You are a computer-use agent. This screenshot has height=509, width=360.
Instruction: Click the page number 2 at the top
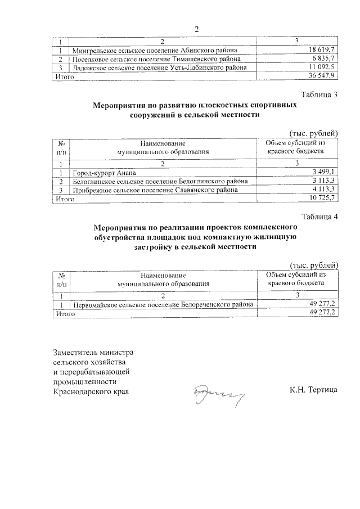196,29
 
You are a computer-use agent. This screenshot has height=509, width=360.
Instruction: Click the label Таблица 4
319,217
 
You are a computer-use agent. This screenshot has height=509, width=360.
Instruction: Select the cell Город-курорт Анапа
104,172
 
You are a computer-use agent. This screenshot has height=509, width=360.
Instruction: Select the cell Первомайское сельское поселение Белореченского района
163,304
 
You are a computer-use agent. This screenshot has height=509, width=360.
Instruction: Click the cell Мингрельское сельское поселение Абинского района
157,50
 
